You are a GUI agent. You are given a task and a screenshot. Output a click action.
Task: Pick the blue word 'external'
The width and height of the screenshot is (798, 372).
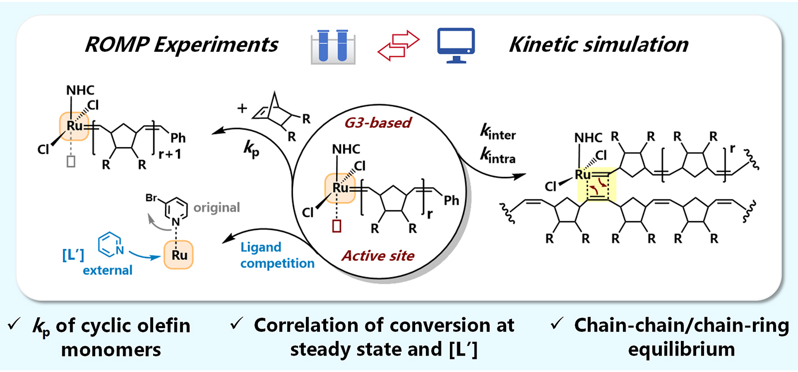(108, 270)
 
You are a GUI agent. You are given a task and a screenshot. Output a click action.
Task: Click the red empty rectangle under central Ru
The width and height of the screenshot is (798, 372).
(337, 224)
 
